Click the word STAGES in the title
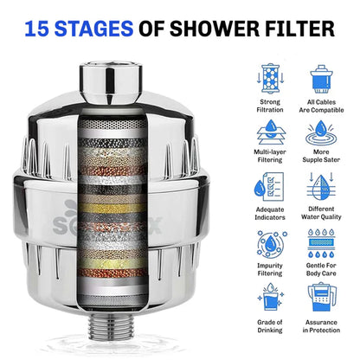103,29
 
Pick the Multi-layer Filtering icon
270,133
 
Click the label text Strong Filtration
270,106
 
